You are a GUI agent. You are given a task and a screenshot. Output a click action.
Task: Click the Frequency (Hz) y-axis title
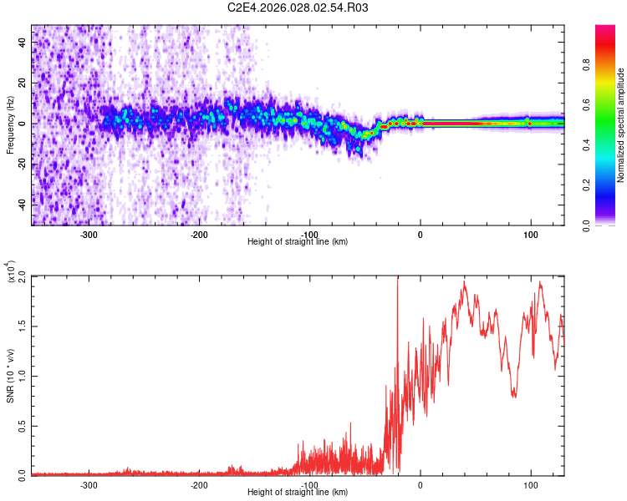click(10, 125)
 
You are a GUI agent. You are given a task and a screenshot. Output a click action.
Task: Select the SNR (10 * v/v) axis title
click(10, 375)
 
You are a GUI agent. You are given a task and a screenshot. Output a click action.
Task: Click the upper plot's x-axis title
click(298, 241)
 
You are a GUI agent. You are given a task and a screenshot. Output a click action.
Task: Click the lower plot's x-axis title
click(298, 492)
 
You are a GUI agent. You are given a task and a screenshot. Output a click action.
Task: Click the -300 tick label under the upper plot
click(89, 235)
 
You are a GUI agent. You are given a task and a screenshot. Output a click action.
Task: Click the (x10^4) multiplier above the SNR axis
click(10, 271)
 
